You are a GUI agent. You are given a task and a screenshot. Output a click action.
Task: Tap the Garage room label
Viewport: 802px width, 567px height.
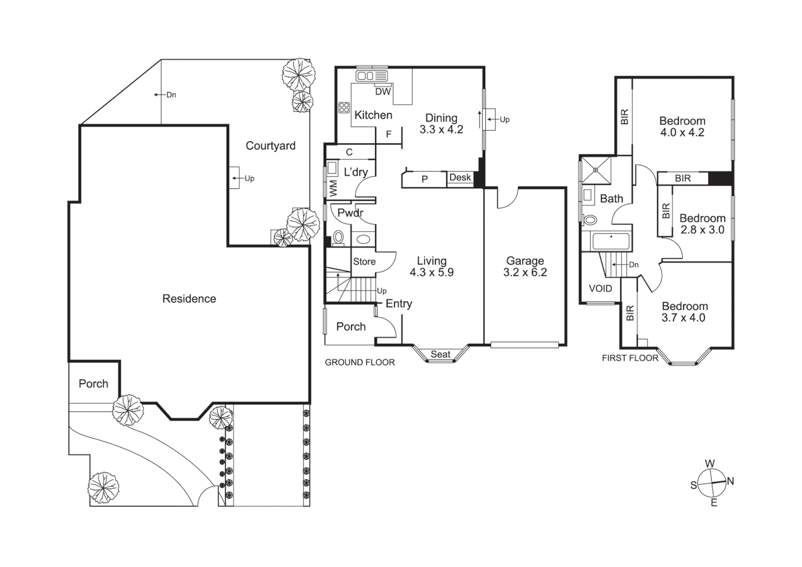point(525,261)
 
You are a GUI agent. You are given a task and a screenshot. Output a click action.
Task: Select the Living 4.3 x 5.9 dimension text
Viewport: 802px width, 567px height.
point(431,272)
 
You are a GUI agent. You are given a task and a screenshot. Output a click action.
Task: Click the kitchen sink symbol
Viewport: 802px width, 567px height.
point(371,77)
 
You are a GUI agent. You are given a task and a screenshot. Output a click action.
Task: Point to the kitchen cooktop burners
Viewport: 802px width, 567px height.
point(344,108)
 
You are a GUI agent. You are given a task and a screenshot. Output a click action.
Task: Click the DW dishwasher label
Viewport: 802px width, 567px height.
point(383,91)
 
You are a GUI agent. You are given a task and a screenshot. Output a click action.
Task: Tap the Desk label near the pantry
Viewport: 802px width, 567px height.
point(460,177)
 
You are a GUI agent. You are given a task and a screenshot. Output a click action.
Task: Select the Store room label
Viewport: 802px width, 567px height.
point(364,261)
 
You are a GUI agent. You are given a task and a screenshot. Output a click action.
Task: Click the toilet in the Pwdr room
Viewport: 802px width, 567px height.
point(338,238)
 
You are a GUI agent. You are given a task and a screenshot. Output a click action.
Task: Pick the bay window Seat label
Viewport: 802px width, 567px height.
point(440,354)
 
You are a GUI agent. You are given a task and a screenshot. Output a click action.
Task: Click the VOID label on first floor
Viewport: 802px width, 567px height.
point(600,288)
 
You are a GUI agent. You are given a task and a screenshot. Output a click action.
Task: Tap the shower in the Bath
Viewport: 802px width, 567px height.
point(596,170)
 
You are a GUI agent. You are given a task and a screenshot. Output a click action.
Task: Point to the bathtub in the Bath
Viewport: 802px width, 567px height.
point(611,242)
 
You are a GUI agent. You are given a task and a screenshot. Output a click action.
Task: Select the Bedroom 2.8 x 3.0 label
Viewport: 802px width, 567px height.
point(702,224)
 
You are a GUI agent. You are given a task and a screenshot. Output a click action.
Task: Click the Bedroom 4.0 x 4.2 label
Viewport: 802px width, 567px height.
point(682,127)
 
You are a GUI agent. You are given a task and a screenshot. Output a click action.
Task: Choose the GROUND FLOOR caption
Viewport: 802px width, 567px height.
point(360,362)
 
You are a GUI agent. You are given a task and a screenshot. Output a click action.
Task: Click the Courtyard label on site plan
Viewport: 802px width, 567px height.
point(270,146)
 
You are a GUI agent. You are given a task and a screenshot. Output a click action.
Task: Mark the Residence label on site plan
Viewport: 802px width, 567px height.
point(189,299)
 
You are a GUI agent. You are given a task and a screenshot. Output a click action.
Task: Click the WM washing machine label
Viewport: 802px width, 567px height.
point(333,188)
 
